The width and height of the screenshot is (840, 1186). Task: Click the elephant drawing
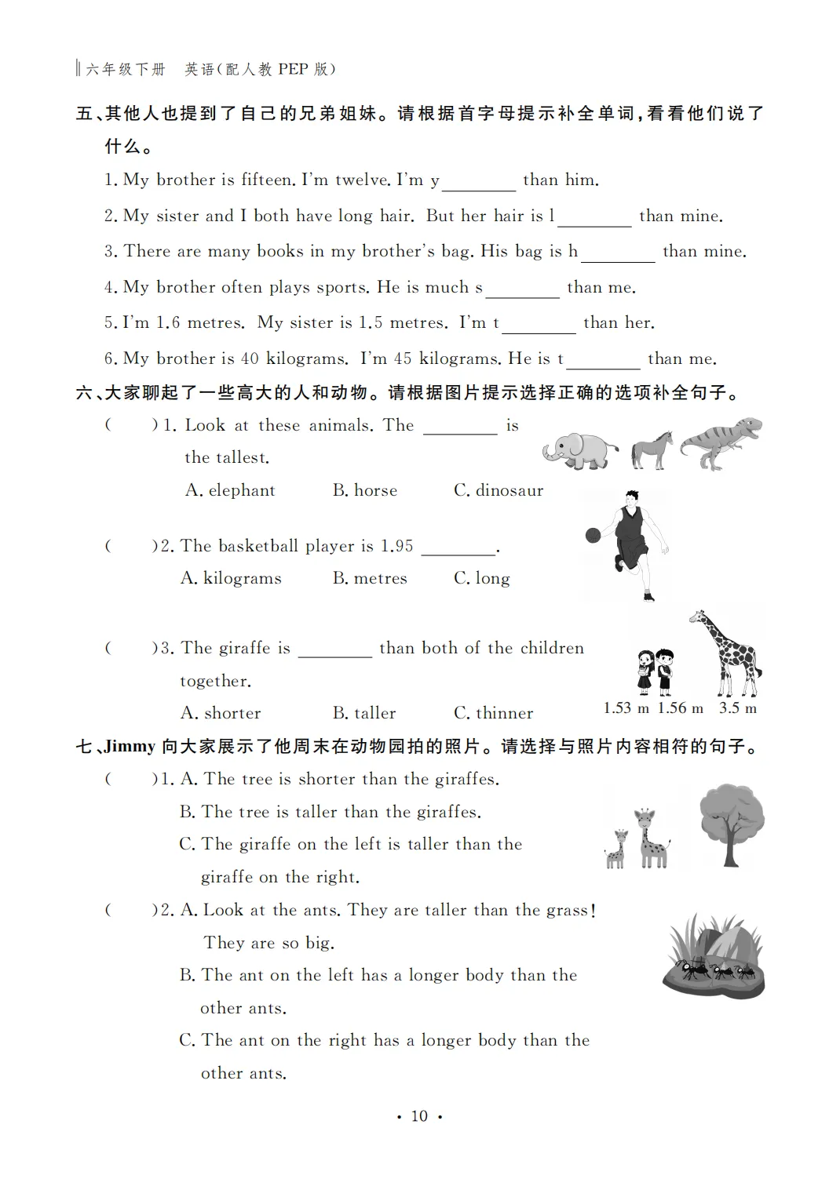pos(579,451)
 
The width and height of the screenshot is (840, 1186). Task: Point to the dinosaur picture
pos(721,443)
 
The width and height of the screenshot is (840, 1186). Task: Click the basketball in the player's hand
pos(593,535)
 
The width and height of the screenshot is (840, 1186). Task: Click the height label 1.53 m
pos(626,708)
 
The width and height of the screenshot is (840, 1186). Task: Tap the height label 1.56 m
pos(680,708)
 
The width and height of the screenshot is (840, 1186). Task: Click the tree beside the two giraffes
pos(732,824)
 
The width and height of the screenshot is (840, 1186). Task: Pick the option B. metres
pos(370,579)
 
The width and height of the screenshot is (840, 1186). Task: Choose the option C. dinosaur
pos(499,491)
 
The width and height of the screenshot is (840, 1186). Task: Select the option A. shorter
pos(221,713)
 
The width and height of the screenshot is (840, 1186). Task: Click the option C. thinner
pos(493,713)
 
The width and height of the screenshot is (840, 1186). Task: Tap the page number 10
pos(419,1116)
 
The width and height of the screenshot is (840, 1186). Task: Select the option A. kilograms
pos(231,579)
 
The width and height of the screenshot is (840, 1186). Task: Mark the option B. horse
pos(365,491)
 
